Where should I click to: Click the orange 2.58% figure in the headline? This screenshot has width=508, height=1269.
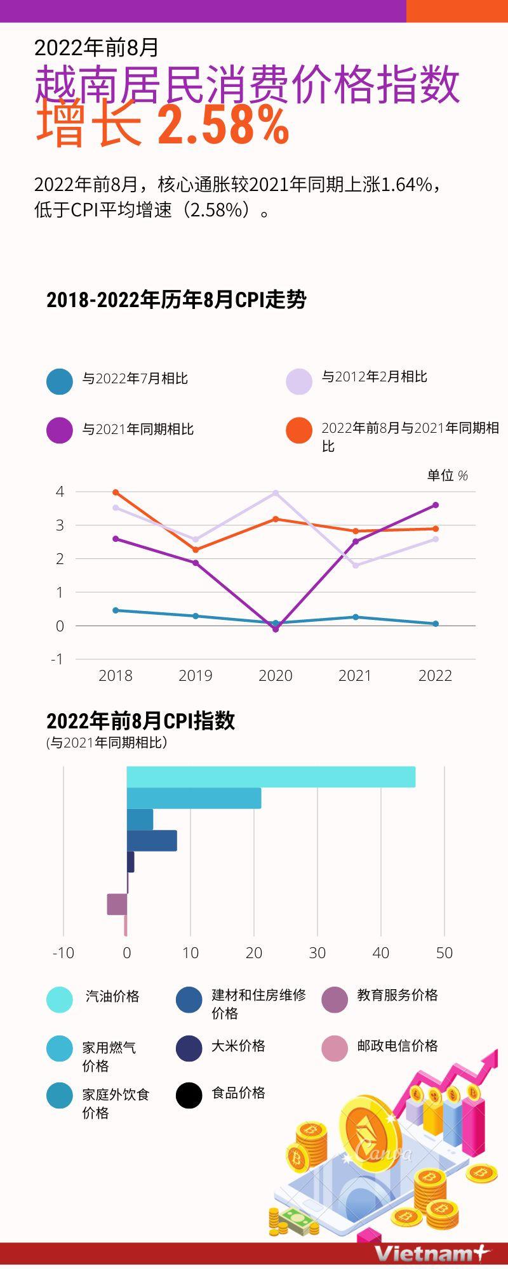(x=224, y=126)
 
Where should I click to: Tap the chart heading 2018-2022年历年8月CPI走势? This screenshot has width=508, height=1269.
(x=176, y=299)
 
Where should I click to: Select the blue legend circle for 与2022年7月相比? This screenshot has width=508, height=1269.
(x=60, y=381)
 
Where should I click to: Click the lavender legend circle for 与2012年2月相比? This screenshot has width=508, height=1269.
(x=299, y=381)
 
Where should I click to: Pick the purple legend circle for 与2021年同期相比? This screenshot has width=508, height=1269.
(x=60, y=430)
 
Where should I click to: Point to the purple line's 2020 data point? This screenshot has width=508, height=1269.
(x=275, y=629)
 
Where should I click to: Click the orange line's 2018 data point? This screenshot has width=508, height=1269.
(x=116, y=492)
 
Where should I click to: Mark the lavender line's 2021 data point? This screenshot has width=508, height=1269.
(x=356, y=565)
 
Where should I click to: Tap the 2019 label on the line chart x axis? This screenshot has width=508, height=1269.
(x=195, y=676)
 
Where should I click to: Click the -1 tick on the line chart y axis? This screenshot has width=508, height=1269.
(x=58, y=659)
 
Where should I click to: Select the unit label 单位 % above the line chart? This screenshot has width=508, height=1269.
(x=447, y=475)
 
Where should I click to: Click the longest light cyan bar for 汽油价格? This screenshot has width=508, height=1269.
(x=271, y=777)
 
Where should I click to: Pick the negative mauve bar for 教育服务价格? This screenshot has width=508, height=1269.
(x=117, y=904)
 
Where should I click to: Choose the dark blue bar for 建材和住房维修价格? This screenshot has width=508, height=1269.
(x=152, y=841)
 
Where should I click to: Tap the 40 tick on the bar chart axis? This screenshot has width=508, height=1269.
(x=380, y=953)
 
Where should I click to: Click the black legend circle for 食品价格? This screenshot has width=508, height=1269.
(x=189, y=1095)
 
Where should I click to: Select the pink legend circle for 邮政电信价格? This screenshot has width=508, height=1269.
(x=335, y=1048)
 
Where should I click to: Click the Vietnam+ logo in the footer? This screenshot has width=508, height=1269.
(x=432, y=1253)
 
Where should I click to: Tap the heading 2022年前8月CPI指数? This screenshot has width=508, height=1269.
(x=140, y=721)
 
